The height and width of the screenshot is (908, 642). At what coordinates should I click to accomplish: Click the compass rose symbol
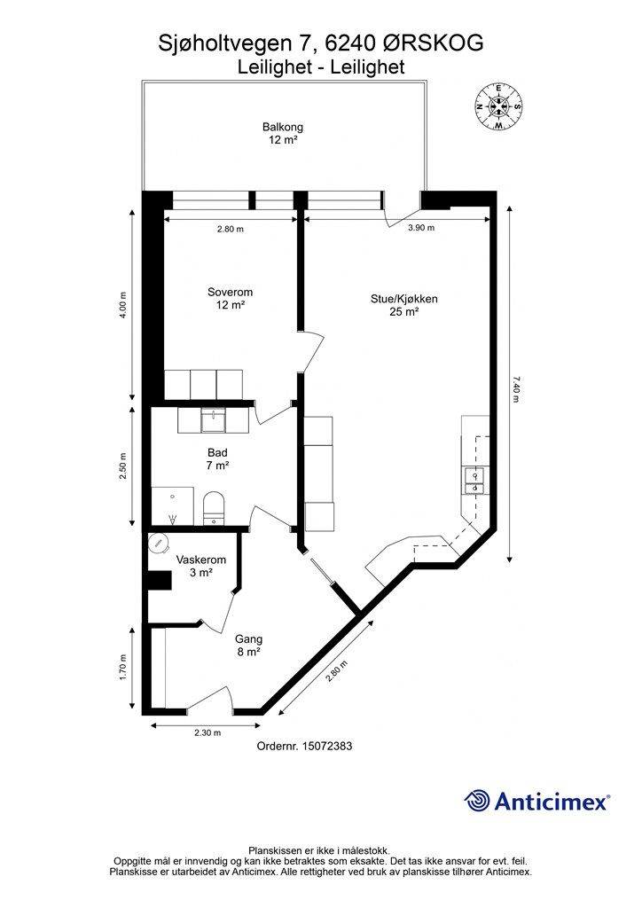(499, 106)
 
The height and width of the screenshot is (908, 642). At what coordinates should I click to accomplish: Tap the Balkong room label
(282, 134)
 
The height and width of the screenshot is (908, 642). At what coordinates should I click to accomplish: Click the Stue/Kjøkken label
(403, 305)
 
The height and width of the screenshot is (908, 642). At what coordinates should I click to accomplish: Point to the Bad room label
(218, 458)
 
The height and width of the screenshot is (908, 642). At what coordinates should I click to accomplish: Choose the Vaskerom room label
(201, 567)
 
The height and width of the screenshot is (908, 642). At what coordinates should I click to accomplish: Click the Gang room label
(248, 645)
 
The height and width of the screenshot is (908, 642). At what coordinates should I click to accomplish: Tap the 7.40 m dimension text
(515, 389)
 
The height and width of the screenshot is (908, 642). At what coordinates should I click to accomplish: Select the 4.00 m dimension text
(124, 305)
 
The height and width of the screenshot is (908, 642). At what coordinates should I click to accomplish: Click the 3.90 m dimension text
(420, 229)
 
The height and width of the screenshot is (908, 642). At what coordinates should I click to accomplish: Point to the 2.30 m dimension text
(207, 732)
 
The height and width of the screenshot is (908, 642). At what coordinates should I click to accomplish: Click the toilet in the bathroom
(214, 509)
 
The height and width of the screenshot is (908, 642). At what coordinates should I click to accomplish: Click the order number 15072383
(304, 747)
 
